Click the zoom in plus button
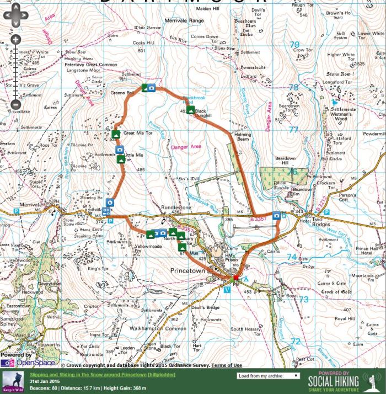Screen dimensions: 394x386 15,40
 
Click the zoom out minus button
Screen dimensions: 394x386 15,104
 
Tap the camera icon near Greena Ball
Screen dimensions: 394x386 151,88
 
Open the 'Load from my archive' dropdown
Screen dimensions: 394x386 269,375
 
